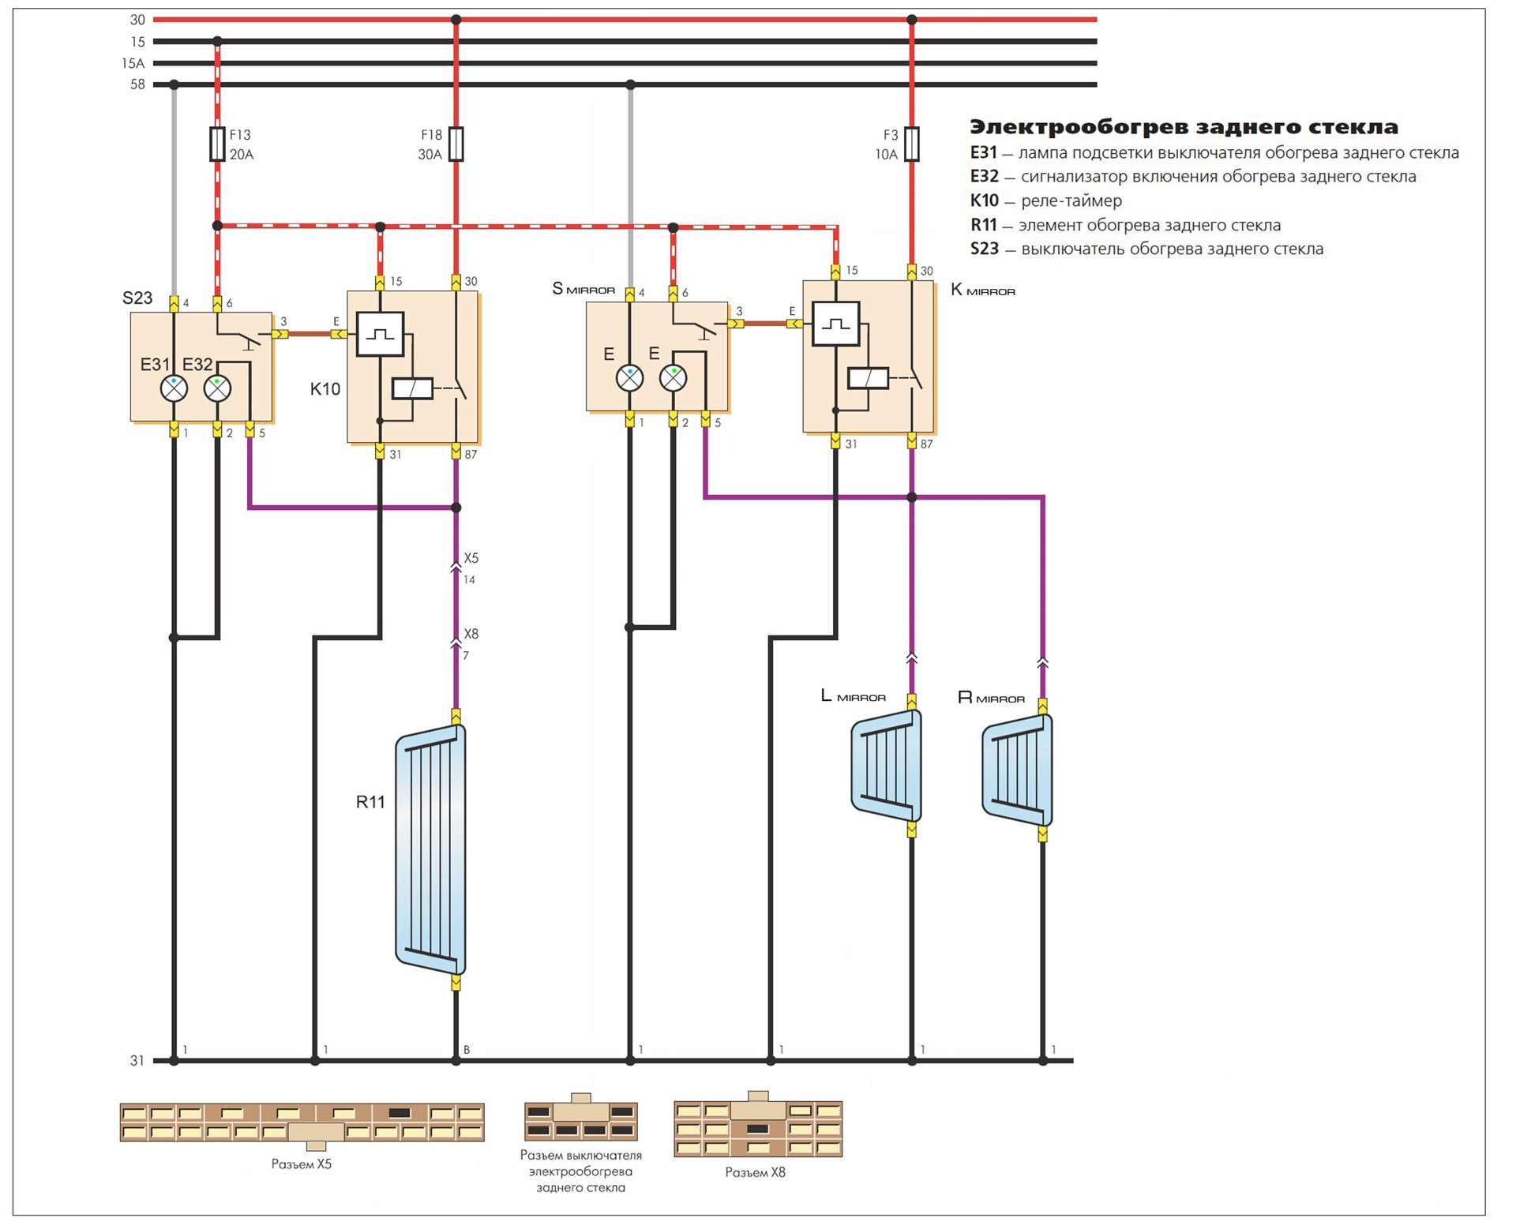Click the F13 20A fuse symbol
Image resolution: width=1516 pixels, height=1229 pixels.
click(217, 144)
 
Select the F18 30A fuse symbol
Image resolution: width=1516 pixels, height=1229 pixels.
click(456, 144)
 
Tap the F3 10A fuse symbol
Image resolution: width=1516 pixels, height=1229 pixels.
click(911, 144)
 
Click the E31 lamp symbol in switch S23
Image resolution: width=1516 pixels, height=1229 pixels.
click(174, 388)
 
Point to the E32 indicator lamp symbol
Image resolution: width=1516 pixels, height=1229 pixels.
click(217, 388)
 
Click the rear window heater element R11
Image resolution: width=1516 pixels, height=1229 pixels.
click(431, 849)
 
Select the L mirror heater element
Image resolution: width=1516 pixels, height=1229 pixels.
click(887, 766)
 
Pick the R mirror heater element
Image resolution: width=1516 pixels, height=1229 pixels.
click(1017, 770)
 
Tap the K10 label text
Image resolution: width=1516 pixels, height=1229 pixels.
click(325, 389)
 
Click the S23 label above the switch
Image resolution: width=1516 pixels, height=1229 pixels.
click(137, 298)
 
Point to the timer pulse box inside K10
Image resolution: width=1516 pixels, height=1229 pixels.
click(380, 334)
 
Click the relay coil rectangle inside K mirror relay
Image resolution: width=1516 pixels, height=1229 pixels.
click(868, 378)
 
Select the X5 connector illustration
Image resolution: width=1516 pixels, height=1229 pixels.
click(302, 1122)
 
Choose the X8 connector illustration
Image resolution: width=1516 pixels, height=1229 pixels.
click(758, 1129)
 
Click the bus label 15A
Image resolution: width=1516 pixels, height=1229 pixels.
click(133, 63)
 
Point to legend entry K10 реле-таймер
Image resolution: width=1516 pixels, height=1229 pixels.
click(1045, 200)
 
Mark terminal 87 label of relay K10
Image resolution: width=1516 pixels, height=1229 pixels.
click(471, 455)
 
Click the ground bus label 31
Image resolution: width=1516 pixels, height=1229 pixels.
click(137, 1061)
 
